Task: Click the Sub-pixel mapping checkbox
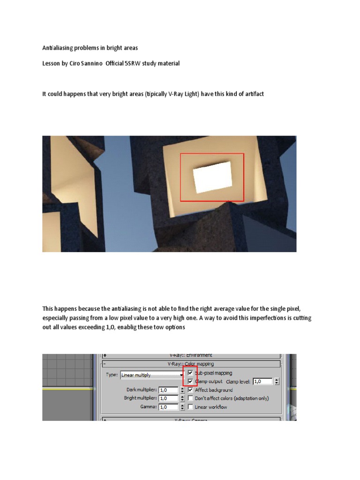pyautogui.click(x=190, y=373)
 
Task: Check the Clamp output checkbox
pyautogui.click(x=190, y=382)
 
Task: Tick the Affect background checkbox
pyautogui.click(x=190, y=390)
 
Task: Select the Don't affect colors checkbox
pyautogui.click(x=190, y=398)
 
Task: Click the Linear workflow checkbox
pyautogui.click(x=190, y=407)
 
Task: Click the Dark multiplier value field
pyautogui.click(x=168, y=390)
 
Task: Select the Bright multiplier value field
pyautogui.click(x=168, y=398)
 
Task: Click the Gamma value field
pyautogui.click(x=168, y=407)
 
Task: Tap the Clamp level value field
pyautogui.click(x=262, y=382)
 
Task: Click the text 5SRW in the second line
pyautogui.click(x=133, y=63)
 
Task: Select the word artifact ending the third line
pyautogui.click(x=254, y=94)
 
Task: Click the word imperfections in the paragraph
pyautogui.click(x=259, y=318)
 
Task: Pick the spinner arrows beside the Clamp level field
pyautogui.click(x=277, y=382)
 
